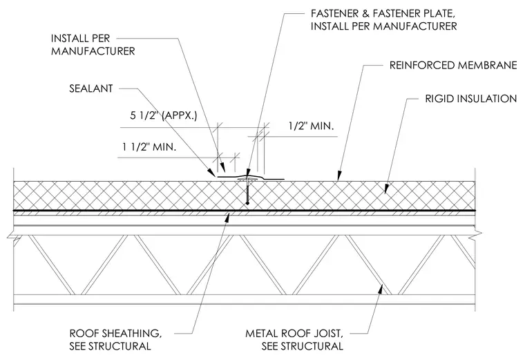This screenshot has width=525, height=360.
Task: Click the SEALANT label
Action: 90,88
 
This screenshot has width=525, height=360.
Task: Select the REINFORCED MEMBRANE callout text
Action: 453,66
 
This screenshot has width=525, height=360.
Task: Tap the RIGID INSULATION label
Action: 470,99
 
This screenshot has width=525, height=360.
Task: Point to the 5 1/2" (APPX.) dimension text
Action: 164,116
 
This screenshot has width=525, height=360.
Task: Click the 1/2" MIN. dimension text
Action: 311,126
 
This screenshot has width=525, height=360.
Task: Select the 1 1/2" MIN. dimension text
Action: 149,146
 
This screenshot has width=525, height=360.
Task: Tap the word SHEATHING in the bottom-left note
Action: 131,334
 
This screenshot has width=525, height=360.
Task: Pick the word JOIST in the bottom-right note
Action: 328,334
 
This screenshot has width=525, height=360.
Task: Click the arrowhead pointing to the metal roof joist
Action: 381,289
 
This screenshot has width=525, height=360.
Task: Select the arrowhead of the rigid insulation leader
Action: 387,189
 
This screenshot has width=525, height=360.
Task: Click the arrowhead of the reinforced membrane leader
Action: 339,176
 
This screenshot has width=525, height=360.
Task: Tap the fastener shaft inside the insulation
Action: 247,193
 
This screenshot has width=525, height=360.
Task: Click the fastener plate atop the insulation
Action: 247,180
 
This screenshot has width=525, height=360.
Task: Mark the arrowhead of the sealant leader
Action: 212,173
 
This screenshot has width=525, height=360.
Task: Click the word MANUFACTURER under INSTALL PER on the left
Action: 93,51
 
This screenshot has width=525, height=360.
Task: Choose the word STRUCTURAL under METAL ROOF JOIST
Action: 303,346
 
